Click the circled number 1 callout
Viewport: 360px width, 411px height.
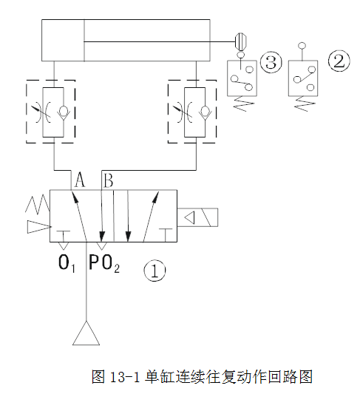point(154,271)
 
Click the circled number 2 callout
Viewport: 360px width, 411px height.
point(339,61)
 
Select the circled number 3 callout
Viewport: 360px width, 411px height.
point(271,62)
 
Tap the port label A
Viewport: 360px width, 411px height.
point(80,180)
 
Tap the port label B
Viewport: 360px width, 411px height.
point(109,180)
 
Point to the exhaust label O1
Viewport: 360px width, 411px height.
point(67,263)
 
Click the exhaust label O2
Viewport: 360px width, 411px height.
point(111,263)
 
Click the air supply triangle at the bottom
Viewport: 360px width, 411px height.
point(86,333)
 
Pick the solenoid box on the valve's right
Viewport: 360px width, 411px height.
point(197,217)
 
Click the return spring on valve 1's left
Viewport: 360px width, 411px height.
point(38,205)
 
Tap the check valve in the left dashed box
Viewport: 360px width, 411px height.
point(63,112)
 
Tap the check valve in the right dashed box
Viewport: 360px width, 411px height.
point(205,112)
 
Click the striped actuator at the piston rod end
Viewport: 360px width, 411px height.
point(240,41)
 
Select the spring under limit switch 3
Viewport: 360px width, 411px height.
point(243,103)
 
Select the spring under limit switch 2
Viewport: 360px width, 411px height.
point(305,103)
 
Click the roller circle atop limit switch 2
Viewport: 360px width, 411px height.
point(302,46)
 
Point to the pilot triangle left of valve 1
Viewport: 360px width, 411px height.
point(38,227)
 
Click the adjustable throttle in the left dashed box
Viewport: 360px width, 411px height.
point(39,112)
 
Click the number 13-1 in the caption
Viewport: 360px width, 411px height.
point(123,377)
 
